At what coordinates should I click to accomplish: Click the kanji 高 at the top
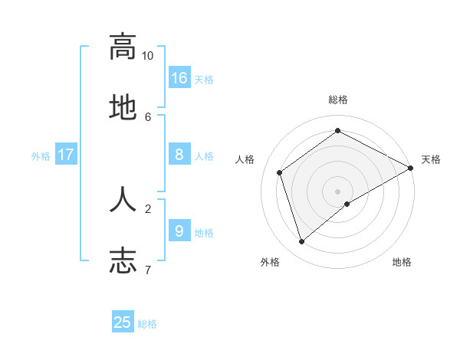click(123, 47)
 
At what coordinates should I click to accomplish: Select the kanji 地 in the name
click(123, 108)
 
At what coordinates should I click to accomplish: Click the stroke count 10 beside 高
click(148, 56)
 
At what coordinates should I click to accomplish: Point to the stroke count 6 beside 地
click(148, 116)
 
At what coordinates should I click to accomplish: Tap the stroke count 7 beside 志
click(148, 270)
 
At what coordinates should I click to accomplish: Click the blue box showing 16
click(179, 78)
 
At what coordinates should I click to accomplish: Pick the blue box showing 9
click(179, 231)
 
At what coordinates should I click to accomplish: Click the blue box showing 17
click(66, 155)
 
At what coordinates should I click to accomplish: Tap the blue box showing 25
click(123, 322)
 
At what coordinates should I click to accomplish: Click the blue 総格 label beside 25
click(147, 324)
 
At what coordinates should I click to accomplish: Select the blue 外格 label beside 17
click(41, 156)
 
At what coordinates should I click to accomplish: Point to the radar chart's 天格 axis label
click(431, 159)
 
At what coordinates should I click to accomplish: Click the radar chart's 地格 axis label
click(402, 262)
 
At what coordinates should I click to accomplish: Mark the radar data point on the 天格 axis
click(411, 169)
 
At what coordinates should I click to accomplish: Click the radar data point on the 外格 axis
click(302, 242)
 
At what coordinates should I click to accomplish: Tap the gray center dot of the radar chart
click(337, 191)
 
